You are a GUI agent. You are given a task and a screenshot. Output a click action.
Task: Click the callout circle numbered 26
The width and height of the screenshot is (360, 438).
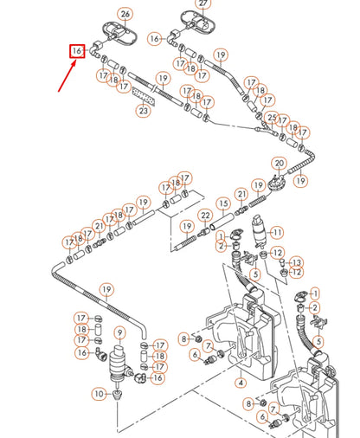point(126,14)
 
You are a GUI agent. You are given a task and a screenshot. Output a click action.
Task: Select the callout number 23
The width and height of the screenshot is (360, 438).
point(144,110)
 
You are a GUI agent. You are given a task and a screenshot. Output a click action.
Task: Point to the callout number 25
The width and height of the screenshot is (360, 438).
point(272,118)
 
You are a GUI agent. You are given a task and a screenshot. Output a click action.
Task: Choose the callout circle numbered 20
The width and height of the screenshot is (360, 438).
point(279,163)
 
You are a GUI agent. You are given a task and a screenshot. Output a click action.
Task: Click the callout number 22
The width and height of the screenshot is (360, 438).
point(206,215)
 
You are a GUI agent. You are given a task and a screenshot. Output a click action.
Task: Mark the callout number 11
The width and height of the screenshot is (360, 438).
point(277,232)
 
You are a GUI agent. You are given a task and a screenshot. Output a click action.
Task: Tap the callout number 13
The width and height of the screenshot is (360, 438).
point(297,261)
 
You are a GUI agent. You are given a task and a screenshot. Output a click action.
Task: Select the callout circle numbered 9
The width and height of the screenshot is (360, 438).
point(121,332)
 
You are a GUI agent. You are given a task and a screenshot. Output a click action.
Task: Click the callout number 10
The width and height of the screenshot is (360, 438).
point(99,394)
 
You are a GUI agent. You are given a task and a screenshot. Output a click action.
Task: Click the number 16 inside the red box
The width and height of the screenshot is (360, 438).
point(77,52)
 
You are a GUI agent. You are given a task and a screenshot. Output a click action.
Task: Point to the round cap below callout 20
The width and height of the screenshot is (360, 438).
point(277,182)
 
